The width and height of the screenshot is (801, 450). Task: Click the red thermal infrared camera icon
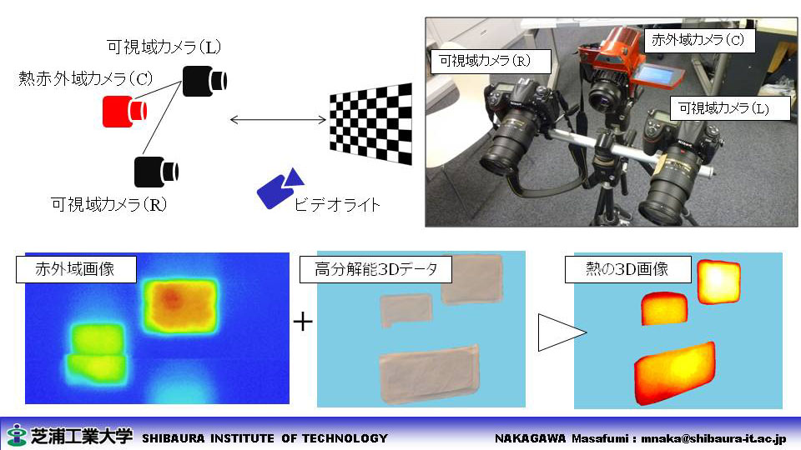click(124, 111)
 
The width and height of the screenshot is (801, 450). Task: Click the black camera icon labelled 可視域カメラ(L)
click(204, 81)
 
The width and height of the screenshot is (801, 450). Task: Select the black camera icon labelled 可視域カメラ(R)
click(156, 172)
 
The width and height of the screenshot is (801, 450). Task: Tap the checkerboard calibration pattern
click(370, 124)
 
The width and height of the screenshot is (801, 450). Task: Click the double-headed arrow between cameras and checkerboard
click(278, 120)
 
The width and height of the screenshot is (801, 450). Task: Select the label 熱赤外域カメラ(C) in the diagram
click(86, 78)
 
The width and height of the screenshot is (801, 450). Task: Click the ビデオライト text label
click(337, 205)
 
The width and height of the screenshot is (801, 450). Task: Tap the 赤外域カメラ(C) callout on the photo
click(698, 40)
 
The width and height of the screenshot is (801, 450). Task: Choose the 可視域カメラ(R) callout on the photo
click(491, 61)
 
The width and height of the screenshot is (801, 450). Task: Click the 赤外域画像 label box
click(76, 269)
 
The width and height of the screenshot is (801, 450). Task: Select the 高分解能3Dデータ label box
click(375, 269)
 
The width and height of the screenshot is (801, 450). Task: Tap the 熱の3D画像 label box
click(627, 269)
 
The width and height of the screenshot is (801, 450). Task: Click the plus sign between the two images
click(303, 322)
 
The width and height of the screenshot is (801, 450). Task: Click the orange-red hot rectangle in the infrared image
click(180, 306)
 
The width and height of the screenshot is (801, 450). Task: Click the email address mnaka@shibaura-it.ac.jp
click(714, 438)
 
